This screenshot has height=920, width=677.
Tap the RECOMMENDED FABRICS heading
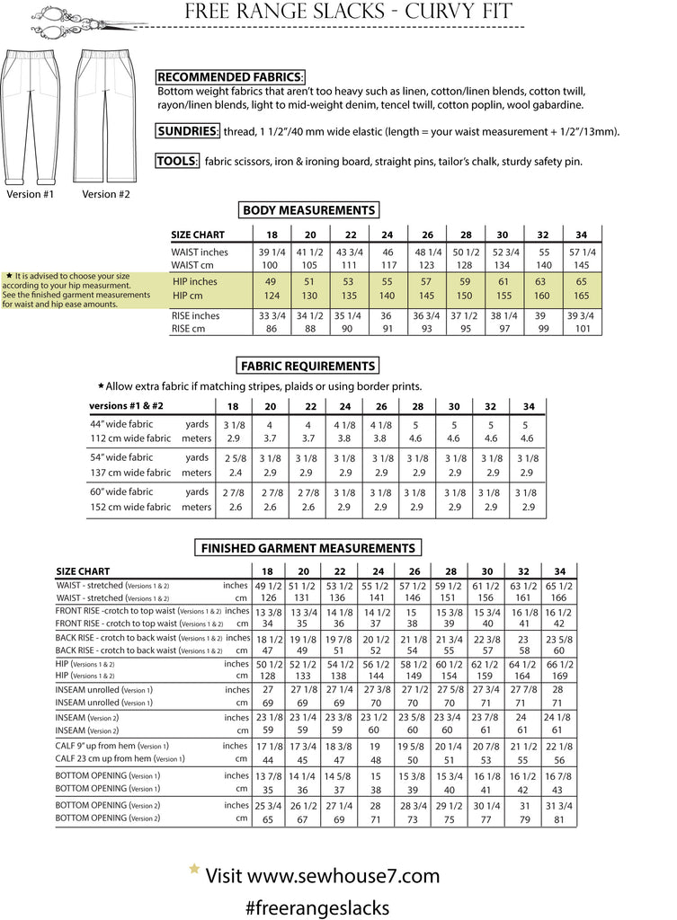point(230,77)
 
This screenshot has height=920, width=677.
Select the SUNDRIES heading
point(188,131)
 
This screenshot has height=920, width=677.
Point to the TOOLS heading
point(176,162)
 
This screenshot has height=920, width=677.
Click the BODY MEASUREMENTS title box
point(308,210)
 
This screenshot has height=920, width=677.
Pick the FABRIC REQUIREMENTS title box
point(307,366)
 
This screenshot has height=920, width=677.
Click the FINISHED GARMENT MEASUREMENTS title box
point(307,547)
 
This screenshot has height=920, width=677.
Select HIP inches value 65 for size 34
point(583,282)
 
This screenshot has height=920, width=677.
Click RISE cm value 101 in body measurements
point(583,329)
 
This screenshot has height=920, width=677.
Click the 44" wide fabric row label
point(121,424)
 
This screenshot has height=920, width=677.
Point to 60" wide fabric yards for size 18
point(234,492)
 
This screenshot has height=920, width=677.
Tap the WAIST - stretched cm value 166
point(559,597)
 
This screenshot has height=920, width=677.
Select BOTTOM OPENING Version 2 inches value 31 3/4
point(559,805)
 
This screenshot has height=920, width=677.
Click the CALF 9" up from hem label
point(111,746)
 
